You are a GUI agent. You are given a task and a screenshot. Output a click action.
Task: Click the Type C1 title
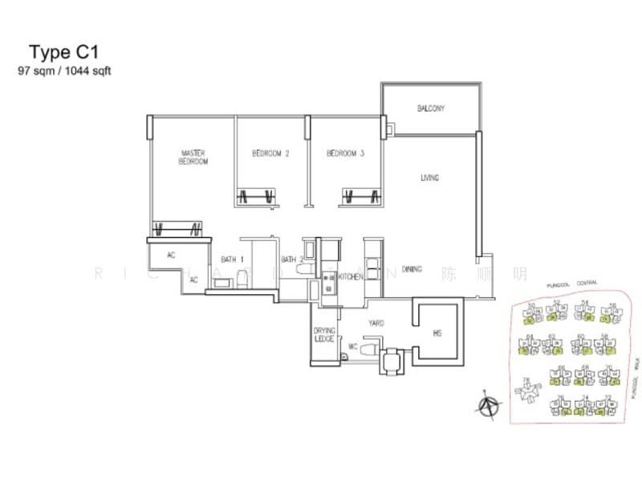[63, 52]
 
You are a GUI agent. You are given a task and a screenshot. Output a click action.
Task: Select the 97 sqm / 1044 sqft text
[64, 71]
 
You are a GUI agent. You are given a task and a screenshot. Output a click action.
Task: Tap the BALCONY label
[430, 108]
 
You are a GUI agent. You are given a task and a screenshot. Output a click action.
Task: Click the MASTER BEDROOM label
[193, 157]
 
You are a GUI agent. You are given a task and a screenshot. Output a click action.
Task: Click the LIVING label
[430, 178]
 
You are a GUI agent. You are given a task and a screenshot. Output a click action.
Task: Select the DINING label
[412, 270]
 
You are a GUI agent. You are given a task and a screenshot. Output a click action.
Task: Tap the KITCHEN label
[351, 276]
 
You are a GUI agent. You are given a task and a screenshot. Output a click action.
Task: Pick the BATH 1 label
[233, 259]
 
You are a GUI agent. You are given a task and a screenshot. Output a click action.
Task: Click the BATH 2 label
[292, 259]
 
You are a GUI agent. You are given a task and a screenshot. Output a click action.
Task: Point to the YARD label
[376, 323]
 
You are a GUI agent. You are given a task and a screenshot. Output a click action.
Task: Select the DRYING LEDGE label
[324, 333]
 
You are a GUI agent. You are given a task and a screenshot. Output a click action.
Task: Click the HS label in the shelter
[437, 333]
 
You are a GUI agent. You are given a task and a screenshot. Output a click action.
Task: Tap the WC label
[351, 348]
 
